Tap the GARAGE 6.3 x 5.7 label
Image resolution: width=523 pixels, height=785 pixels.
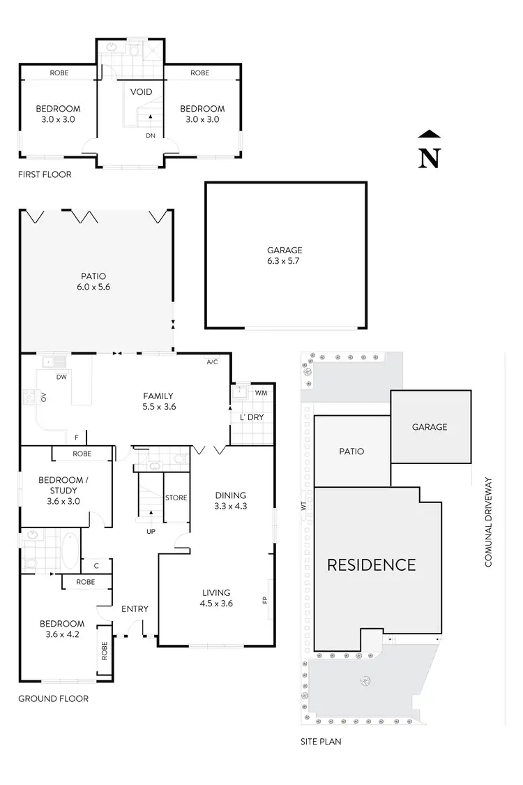pyautogui.click(x=285, y=255)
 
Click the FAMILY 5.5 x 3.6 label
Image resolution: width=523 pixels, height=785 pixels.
pyautogui.click(x=159, y=401)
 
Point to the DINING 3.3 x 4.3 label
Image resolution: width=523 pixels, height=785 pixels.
pyautogui.click(x=230, y=501)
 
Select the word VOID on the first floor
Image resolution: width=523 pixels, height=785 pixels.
pyautogui.click(x=142, y=92)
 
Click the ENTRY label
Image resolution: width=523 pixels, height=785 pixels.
pyautogui.click(x=135, y=609)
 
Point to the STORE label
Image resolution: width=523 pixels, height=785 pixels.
pyautogui.click(x=176, y=498)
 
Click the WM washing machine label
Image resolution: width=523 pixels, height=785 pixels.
pyautogui.click(x=261, y=394)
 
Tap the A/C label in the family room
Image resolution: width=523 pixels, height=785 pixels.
pyautogui.click(x=213, y=363)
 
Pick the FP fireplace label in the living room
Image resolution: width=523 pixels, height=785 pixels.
pyautogui.click(x=264, y=599)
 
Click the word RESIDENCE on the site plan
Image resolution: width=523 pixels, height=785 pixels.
pyautogui.click(x=371, y=565)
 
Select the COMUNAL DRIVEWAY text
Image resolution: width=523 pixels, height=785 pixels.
pyautogui.click(x=489, y=522)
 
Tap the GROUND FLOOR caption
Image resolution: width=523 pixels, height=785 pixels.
pyautogui.click(x=53, y=698)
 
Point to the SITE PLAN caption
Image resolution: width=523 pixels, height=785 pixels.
pyautogui.click(x=317, y=742)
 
